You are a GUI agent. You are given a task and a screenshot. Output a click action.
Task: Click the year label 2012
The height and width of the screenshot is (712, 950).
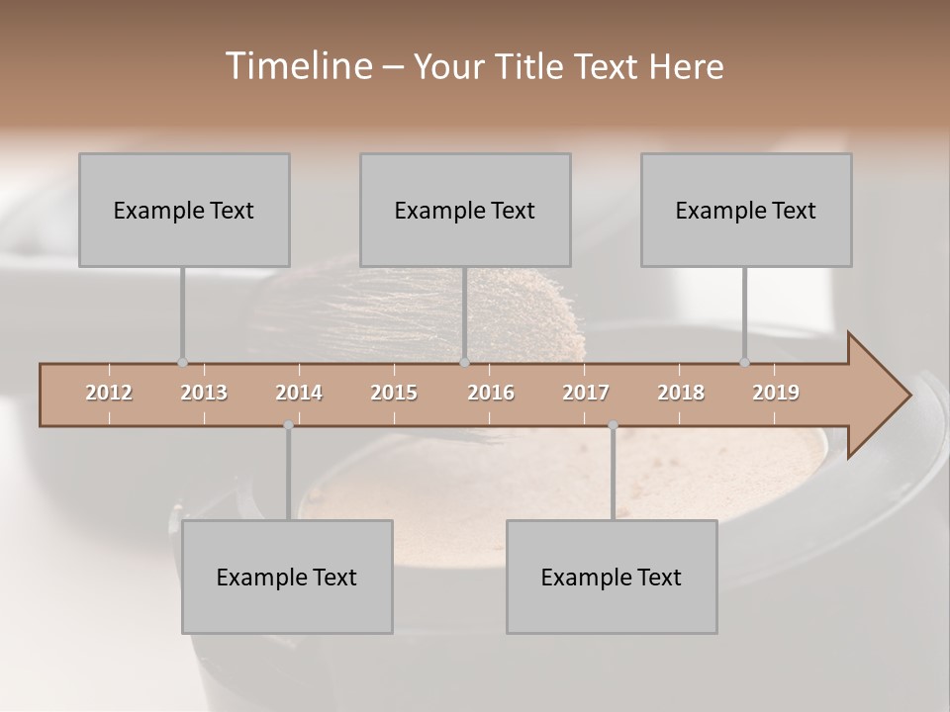pyautogui.click(x=109, y=393)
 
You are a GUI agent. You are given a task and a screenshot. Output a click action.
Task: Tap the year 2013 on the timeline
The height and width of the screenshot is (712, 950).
pyautogui.click(x=204, y=393)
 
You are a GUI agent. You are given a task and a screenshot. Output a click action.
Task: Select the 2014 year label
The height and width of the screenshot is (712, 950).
pyautogui.click(x=299, y=393)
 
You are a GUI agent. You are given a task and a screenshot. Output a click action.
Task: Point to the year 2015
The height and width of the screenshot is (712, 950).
pyautogui.click(x=394, y=393)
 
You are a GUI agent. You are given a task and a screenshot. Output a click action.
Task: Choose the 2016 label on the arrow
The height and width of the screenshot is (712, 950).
pyautogui.click(x=491, y=393)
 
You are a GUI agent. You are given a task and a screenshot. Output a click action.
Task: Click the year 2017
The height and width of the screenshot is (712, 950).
pyautogui.click(x=586, y=393)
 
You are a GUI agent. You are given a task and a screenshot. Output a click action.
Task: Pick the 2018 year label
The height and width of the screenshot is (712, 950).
pyautogui.click(x=681, y=393)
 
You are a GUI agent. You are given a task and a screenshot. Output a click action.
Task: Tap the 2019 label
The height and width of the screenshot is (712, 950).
pyautogui.click(x=776, y=393)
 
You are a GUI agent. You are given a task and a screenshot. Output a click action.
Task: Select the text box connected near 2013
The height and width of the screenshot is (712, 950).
pyautogui.click(x=184, y=210)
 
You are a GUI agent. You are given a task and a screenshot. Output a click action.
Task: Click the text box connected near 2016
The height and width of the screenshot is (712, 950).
pyautogui.click(x=465, y=210)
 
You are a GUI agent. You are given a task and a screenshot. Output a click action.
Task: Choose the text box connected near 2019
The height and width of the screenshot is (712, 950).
pyautogui.click(x=746, y=210)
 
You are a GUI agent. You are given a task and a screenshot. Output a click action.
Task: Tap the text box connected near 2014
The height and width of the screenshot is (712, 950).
pyautogui.click(x=287, y=577)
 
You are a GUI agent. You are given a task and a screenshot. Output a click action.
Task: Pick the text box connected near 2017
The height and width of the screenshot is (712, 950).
pyautogui.click(x=612, y=577)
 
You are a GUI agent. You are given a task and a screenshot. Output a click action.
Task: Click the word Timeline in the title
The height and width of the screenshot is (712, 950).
pyautogui.click(x=297, y=66)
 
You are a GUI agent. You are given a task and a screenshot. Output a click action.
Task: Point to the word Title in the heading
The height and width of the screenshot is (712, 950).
pyautogui.click(x=535, y=66)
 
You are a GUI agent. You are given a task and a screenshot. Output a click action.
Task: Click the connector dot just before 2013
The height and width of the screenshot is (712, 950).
pyautogui.click(x=182, y=363)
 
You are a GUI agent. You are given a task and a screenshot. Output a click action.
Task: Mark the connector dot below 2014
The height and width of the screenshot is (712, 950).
pyautogui.click(x=288, y=425)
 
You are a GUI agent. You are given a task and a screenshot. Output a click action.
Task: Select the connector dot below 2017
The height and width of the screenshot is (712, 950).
pyautogui.click(x=613, y=425)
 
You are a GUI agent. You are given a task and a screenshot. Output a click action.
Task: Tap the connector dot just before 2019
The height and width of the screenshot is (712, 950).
pyautogui.click(x=744, y=363)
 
